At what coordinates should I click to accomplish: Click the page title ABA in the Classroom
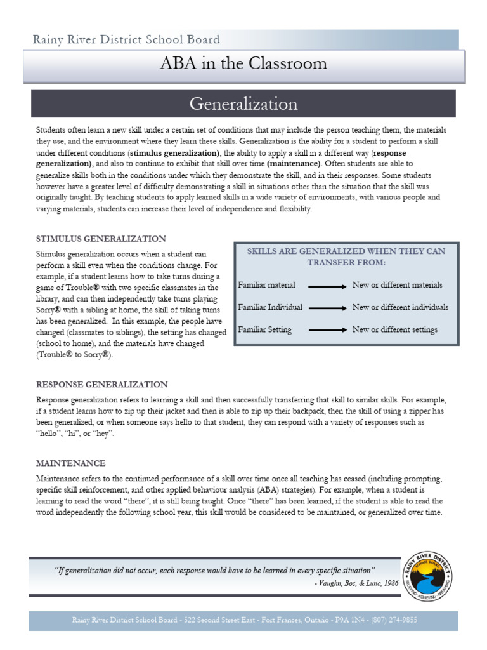pyautogui.click(x=243, y=64)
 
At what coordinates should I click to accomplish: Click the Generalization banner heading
pyautogui.click(x=243, y=103)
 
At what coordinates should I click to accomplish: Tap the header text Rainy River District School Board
pyautogui.click(x=127, y=39)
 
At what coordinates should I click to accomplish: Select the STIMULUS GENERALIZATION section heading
pyautogui.click(x=101, y=239)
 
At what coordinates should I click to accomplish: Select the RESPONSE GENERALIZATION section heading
pyautogui.click(x=101, y=385)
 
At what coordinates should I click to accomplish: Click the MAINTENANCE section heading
pyautogui.click(x=70, y=463)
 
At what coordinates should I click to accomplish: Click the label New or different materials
pyautogui.click(x=397, y=285)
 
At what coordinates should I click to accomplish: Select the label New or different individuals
pyautogui.click(x=399, y=307)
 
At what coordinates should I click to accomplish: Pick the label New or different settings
pyautogui.click(x=394, y=329)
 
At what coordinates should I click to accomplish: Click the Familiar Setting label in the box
pyautogui.click(x=264, y=329)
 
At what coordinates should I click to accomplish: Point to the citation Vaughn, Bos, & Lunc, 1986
pyautogui.click(x=356, y=583)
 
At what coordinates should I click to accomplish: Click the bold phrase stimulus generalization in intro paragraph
pyautogui.click(x=174, y=153)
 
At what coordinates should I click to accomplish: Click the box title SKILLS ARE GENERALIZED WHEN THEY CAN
pyautogui.click(x=346, y=251)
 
